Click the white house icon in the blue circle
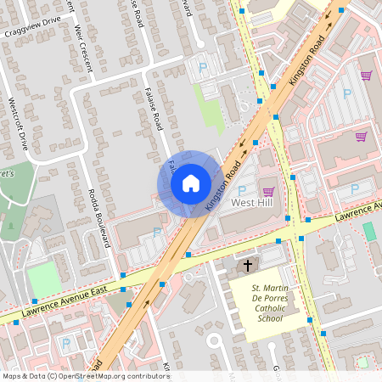point(191,183)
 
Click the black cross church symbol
point(248,267)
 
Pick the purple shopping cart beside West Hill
point(269,192)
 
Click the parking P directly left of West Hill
point(241,191)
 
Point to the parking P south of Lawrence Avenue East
point(66,345)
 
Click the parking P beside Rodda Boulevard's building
point(156,232)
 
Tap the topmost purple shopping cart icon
point(366,76)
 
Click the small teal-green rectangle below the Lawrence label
point(368,231)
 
